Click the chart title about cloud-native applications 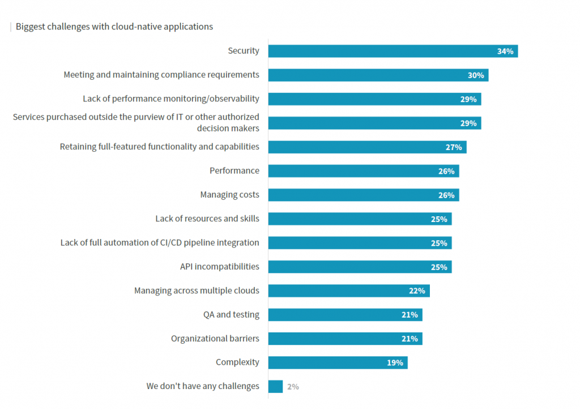point(114,27)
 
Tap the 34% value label point(505,52)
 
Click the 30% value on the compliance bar point(475,75)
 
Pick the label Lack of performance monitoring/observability point(170,99)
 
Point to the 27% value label point(454,147)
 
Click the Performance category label point(234,170)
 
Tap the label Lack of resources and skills point(207,219)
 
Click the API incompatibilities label point(219,266)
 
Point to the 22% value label point(417,291)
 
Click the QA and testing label point(231,314)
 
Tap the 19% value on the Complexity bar point(395,363)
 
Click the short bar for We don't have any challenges point(275,387)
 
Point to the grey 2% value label point(293,387)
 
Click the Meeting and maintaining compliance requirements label point(161,75)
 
